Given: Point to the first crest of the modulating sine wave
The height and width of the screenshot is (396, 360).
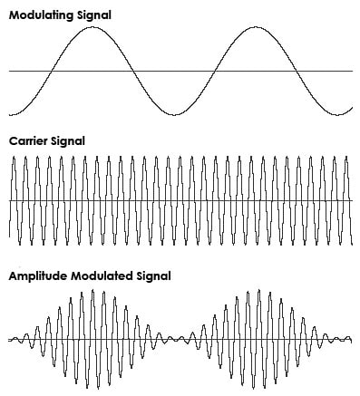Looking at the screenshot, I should pyautogui.click(x=92, y=27).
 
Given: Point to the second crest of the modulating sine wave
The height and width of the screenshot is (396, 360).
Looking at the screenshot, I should pyautogui.click(x=254, y=27).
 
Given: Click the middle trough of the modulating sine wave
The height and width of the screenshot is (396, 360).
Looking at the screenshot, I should pyautogui.click(x=173, y=114).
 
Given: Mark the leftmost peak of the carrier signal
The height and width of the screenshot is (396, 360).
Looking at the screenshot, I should pyautogui.click(x=14, y=158).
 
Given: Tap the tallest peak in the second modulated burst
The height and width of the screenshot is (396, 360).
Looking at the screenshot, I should pyautogui.click(x=255, y=291).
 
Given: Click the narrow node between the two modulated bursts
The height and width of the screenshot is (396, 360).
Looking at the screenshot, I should pyautogui.click(x=174, y=340).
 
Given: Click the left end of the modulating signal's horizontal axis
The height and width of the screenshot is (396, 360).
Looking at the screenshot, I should pyautogui.click(x=9, y=71).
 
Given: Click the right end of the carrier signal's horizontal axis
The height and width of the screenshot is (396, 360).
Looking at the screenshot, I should pyautogui.click(x=352, y=201).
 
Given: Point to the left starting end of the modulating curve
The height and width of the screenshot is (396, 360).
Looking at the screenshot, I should pyautogui.click(x=9, y=114).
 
